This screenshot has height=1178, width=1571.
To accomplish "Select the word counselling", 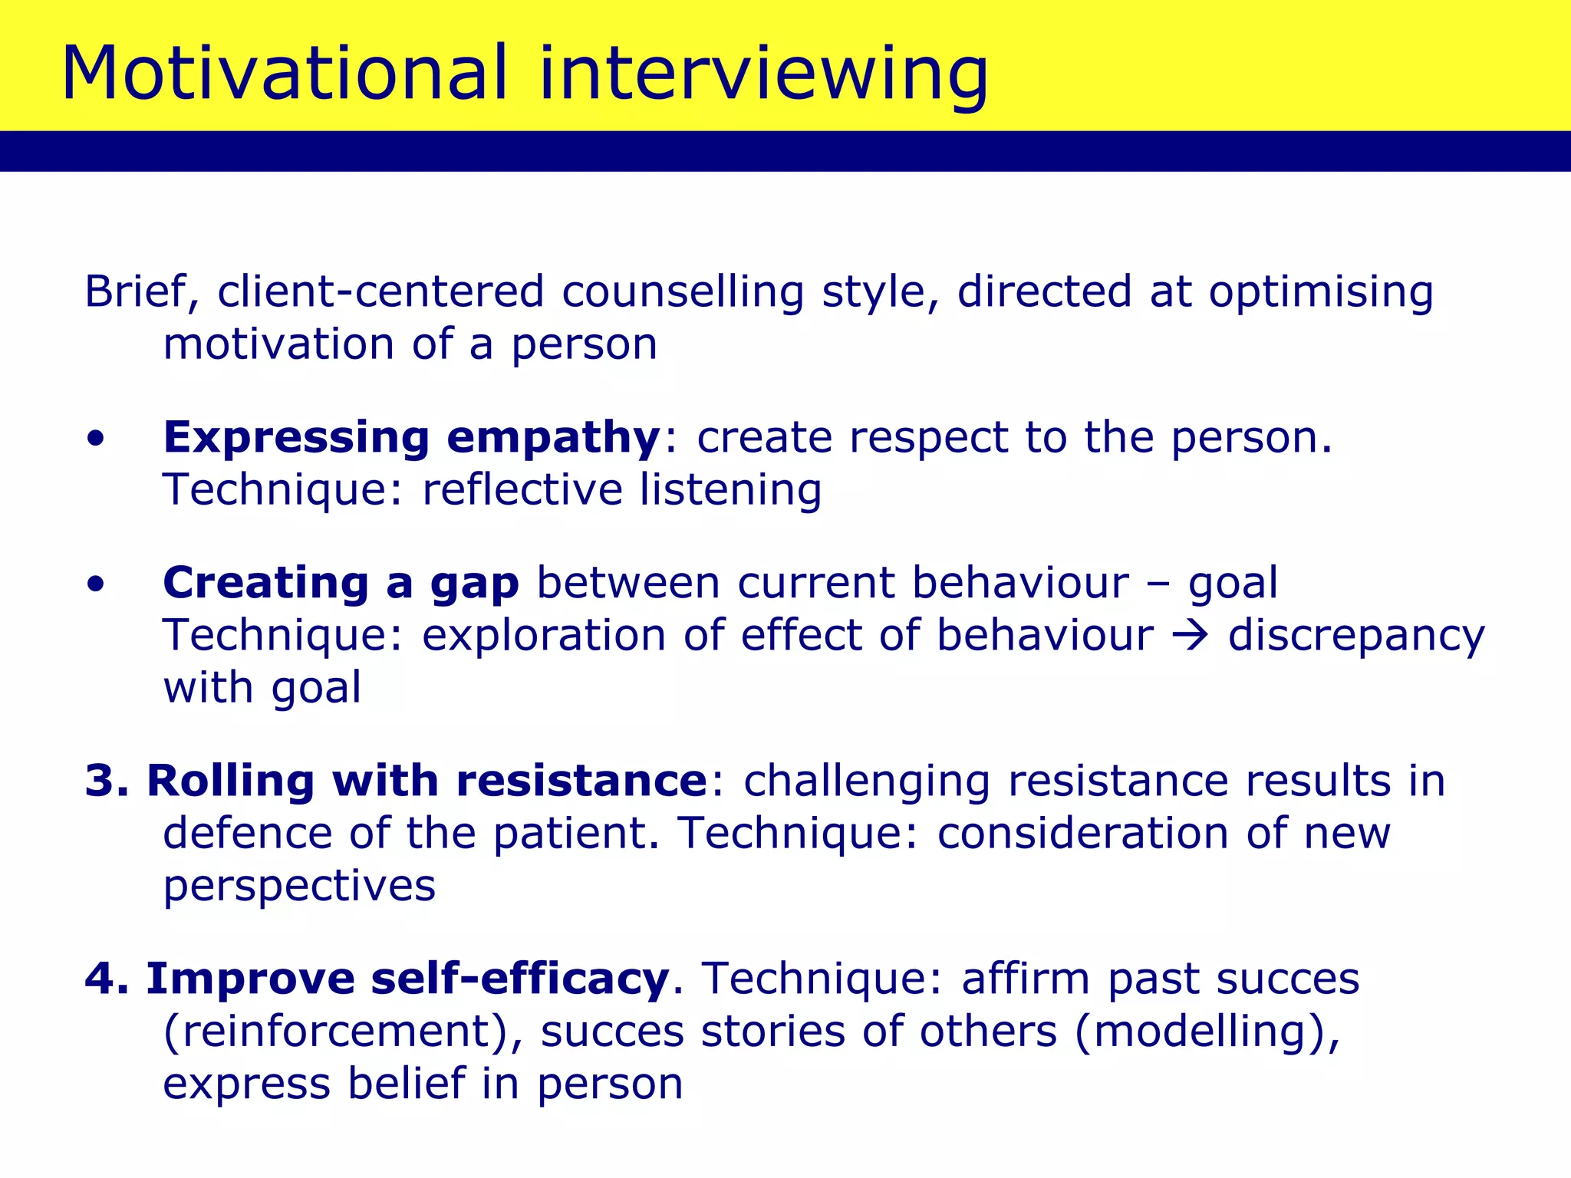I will click(683, 292).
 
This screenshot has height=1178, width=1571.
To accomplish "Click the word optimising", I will click(1321, 292).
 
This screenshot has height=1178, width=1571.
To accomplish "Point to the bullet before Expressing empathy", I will click(95, 439).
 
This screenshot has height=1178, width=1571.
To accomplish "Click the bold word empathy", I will click(553, 438).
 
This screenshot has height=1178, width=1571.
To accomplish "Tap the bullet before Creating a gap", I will click(95, 585).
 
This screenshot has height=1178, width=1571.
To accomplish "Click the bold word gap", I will click(475, 585).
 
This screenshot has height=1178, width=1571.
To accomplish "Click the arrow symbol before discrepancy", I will click(1191, 636).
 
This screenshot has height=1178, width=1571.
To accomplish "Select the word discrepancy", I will click(1356, 636).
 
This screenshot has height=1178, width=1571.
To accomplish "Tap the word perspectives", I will click(299, 887).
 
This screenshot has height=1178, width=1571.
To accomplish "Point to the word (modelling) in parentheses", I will click(1206, 1032).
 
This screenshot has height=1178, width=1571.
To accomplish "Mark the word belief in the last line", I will click(406, 1084).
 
